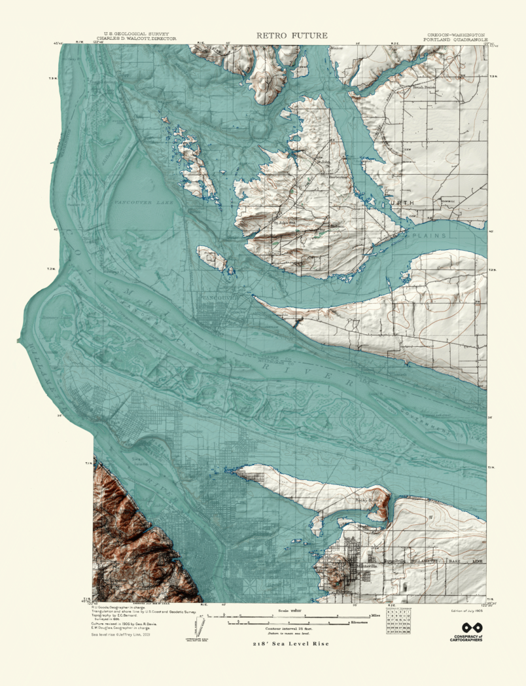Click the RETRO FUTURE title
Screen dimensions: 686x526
tap(292, 35)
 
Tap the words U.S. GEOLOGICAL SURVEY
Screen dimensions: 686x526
tap(131, 34)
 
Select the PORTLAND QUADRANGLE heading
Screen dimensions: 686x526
tap(455, 39)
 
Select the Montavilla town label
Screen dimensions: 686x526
tap(357, 566)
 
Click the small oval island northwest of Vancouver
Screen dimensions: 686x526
tap(213, 259)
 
